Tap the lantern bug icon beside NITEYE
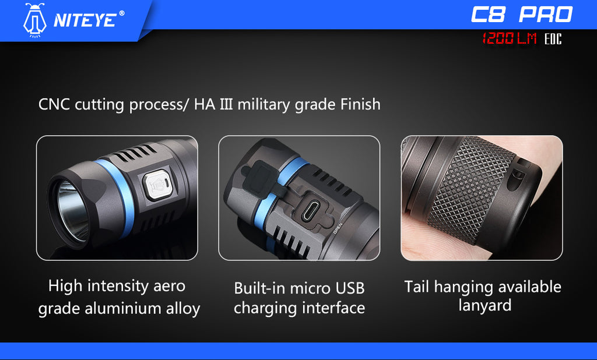point(35,20)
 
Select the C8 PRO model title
point(522,15)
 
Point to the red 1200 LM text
point(510,38)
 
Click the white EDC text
point(553,39)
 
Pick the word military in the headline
point(264,105)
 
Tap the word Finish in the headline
point(360,104)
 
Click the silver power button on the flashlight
point(156,185)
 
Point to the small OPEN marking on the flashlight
point(338,229)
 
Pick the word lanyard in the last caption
point(484,306)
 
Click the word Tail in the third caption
point(417,287)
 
